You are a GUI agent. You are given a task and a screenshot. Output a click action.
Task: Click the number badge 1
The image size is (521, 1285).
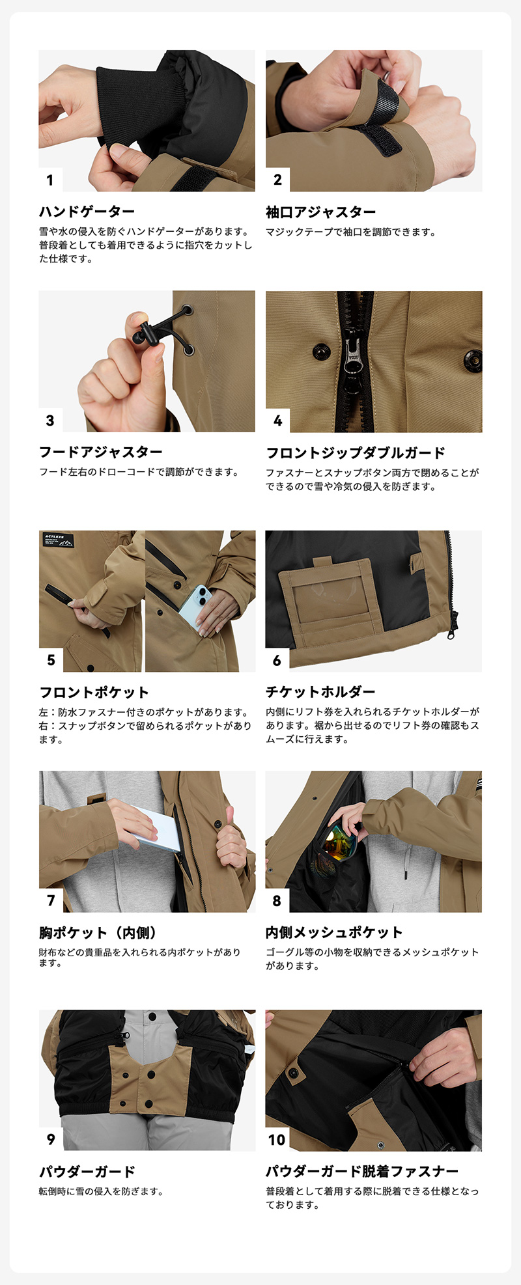pos(50,180)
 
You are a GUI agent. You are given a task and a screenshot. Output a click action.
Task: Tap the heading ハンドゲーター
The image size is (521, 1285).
pos(87,212)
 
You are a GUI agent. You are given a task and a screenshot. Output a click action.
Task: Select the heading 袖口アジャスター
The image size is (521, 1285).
pos(320,212)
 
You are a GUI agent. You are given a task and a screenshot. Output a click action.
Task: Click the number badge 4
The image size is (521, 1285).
pos(277,421)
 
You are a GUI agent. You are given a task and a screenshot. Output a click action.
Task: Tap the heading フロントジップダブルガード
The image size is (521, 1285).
pos(356,452)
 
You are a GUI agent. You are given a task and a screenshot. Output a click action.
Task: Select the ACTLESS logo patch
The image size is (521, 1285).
pos(58,540)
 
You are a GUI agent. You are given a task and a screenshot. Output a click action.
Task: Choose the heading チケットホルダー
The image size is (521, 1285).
pos(320,692)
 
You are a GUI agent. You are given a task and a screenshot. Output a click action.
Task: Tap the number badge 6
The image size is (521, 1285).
pos(277,660)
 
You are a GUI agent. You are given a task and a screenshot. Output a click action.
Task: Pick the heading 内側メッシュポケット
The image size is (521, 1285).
pos(334,932)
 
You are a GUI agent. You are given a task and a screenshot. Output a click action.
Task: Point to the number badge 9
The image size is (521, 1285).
pos(51,1140)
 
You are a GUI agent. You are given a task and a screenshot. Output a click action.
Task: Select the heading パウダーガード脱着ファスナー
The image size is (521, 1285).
pos(362,1172)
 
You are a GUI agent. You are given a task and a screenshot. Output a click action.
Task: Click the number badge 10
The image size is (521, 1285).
pos(277,1140)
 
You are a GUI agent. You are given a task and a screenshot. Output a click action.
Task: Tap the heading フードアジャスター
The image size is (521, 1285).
pos(101,452)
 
